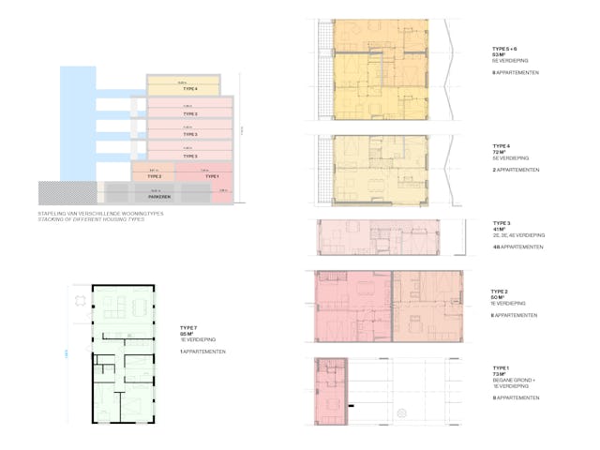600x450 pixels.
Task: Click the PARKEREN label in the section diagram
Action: tap(158, 198)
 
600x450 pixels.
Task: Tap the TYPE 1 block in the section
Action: tap(211, 175)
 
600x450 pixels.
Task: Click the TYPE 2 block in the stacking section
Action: tap(154, 175)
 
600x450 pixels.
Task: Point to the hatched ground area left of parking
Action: tap(70, 193)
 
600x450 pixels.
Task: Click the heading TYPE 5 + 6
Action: tap(505, 48)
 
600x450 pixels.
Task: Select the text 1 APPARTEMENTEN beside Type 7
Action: tap(202, 352)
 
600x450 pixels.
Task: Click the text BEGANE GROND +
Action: tap(513, 380)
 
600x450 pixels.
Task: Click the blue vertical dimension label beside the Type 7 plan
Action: tap(67, 353)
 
